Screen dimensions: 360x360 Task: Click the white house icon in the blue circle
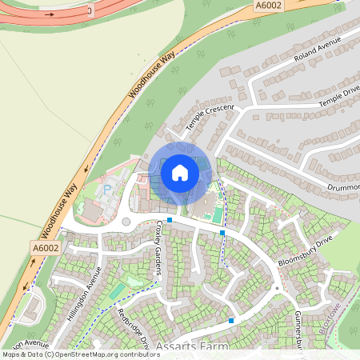click(180, 172)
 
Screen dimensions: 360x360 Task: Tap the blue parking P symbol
click(107, 190)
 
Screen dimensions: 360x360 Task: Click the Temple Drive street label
click(340, 95)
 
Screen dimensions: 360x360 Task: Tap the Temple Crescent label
click(209, 118)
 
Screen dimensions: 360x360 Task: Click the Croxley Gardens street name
click(159, 248)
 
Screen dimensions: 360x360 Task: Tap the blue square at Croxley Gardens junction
click(170, 218)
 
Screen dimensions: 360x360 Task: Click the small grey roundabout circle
click(126, 222)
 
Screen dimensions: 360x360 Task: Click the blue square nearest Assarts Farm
click(231, 321)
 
